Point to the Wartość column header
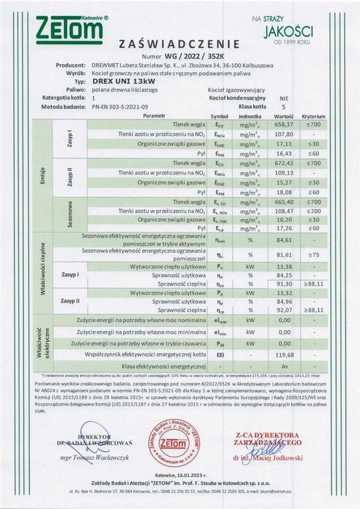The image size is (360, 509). pyautogui.click(x=284, y=115)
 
